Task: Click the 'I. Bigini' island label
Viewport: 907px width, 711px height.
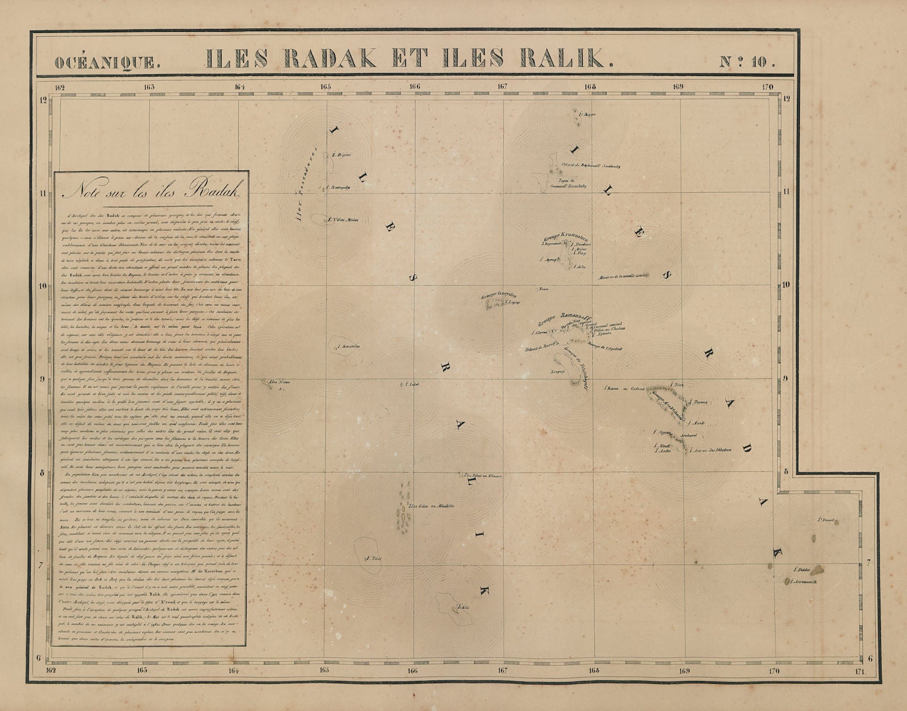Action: click(x=342, y=154)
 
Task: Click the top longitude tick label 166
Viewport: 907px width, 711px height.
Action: click(x=414, y=87)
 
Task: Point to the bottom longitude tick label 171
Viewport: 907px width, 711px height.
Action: click(x=862, y=672)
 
